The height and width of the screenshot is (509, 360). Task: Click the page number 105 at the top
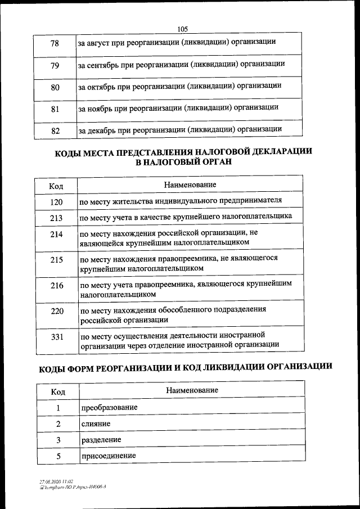click(x=182, y=29)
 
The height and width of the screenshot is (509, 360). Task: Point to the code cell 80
click(x=55, y=87)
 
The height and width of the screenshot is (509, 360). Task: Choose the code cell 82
click(x=55, y=130)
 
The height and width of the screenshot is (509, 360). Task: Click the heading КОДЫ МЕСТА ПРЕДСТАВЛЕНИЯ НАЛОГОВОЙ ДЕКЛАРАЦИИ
click(x=183, y=152)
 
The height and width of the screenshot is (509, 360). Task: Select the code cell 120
click(x=56, y=201)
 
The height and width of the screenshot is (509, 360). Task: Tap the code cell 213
click(x=56, y=217)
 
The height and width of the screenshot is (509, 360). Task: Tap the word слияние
click(x=96, y=423)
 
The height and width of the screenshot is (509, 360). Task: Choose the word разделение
click(x=101, y=439)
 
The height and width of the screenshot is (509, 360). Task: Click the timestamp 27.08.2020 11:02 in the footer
click(x=56, y=482)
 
